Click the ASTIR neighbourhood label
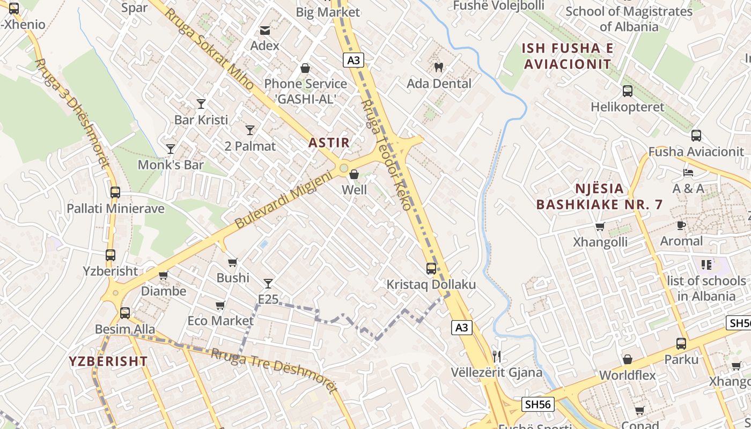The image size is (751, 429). (329, 143)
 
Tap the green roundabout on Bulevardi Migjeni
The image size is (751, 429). (343, 168)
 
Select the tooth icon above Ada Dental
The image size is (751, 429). (438, 68)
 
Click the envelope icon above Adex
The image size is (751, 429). (265, 30)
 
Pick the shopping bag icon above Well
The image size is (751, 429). (354, 174)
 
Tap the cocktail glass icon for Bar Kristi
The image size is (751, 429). (201, 103)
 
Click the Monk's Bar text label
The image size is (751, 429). (171, 165)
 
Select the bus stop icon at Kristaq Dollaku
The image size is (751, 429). (431, 269)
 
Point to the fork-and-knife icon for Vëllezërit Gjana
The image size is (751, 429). (497, 356)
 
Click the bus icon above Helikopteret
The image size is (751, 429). (627, 91)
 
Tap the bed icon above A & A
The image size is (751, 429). (688, 173)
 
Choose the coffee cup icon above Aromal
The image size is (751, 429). (681, 225)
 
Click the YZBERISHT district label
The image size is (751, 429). (108, 361)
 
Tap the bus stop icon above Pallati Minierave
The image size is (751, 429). (115, 193)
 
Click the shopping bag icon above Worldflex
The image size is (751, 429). (627, 359)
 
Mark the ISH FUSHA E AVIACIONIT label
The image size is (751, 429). (568, 56)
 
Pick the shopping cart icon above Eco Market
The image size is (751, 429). (220, 305)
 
